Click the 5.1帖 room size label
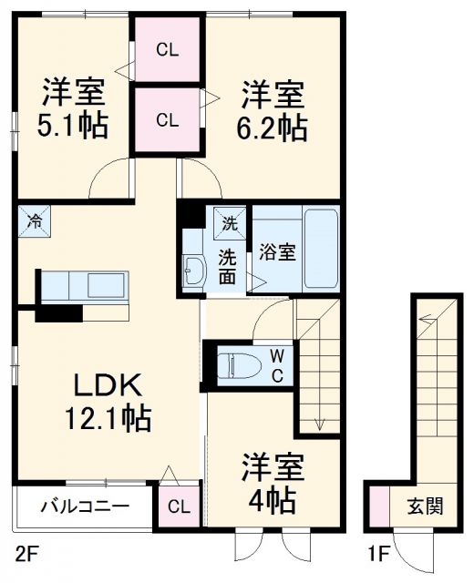click(x=74, y=125)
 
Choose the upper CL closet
click(x=167, y=49)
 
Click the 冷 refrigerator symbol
click(x=34, y=220)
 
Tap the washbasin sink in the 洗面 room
click(x=193, y=270)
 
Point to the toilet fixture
click(x=237, y=364)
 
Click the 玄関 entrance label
click(x=425, y=506)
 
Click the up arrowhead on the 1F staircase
click(x=425, y=317)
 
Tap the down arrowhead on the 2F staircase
click(x=319, y=422)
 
